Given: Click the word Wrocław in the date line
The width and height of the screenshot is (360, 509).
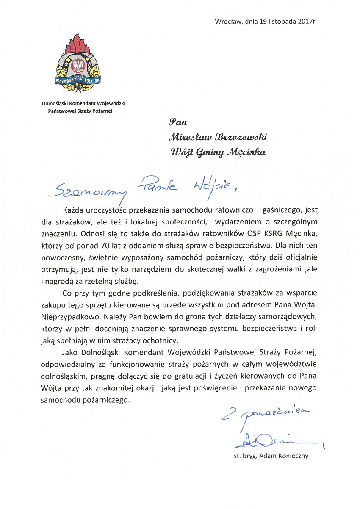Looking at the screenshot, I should pyautogui.click(x=227, y=21).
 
